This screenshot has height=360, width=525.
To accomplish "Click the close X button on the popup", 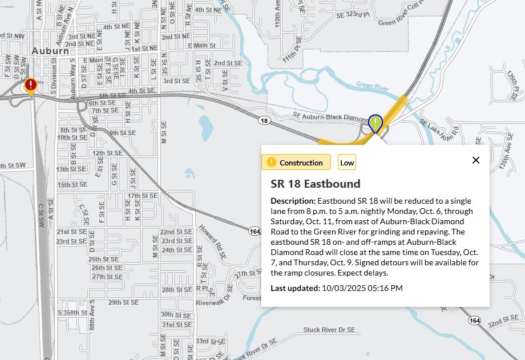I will (x=476, y=160).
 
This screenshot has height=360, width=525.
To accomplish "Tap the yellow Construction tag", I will (x=296, y=163).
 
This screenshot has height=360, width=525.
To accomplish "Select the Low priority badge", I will (x=347, y=163).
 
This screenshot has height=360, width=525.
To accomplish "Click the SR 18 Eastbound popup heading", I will (x=316, y=184).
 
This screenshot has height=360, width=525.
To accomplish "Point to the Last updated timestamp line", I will (x=337, y=288).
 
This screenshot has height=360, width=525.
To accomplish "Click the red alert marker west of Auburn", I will (x=31, y=86).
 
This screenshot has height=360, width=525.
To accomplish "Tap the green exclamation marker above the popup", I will (x=375, y=123).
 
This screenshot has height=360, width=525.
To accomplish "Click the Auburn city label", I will (x=50, y=51).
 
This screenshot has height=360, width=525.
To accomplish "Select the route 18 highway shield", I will (x=263, y=121).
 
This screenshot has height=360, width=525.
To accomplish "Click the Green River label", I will (x=372, y=86).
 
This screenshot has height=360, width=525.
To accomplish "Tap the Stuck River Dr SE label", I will (x=329, y=330).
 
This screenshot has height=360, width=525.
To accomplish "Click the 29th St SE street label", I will (x=123, y=302).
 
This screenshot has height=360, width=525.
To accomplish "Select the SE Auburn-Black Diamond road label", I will (x=329, y=116).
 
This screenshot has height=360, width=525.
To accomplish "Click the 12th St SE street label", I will (x=107, y=153).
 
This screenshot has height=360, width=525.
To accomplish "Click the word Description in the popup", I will (x=293, y=201).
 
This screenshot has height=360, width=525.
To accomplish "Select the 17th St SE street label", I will (x=142, y=196).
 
